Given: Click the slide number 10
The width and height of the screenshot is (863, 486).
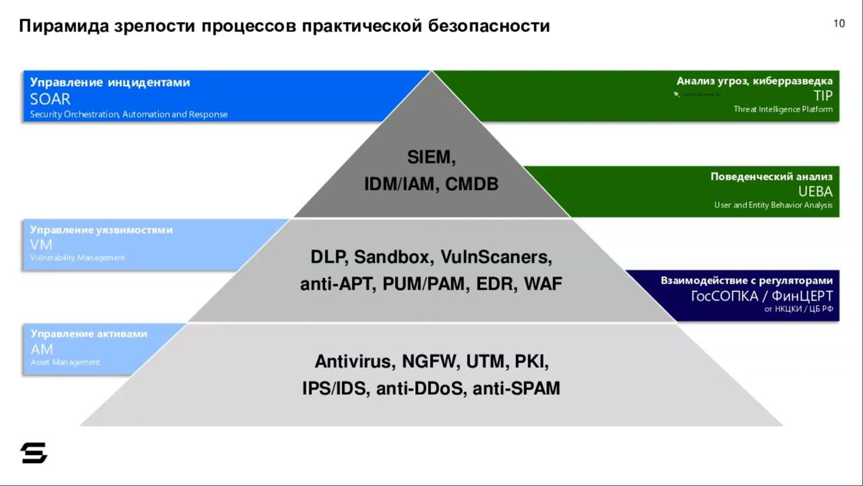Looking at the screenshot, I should (x=839, y=24).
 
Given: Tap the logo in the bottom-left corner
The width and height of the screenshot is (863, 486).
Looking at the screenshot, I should (x=34, y=453).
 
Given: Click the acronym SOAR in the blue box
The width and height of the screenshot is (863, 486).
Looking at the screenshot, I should (x=50, y=99).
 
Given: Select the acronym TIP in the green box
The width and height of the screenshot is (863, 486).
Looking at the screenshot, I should (x=823, y=95).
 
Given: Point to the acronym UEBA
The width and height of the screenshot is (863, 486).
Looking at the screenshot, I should (x=815, y=191).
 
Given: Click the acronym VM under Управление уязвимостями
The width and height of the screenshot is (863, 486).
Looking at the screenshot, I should (x=41, y=244).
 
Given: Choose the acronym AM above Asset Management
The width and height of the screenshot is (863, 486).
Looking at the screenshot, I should (x=42, y=349).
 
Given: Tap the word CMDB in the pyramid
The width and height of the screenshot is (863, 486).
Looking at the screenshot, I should (x=471, y=184).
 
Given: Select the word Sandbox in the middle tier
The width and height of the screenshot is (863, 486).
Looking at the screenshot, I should (x=394, y=257).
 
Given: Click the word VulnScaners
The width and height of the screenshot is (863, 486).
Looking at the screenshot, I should (x=496, y=257).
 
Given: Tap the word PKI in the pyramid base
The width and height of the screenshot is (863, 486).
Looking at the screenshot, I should (x=532, y=362).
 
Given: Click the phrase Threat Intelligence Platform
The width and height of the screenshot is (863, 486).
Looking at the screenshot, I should (x=783, y=109).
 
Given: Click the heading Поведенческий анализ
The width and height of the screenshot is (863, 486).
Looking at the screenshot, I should (x=771, y=177).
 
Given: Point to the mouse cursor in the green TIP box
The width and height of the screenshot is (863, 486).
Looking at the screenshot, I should (x=676, y=94).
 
